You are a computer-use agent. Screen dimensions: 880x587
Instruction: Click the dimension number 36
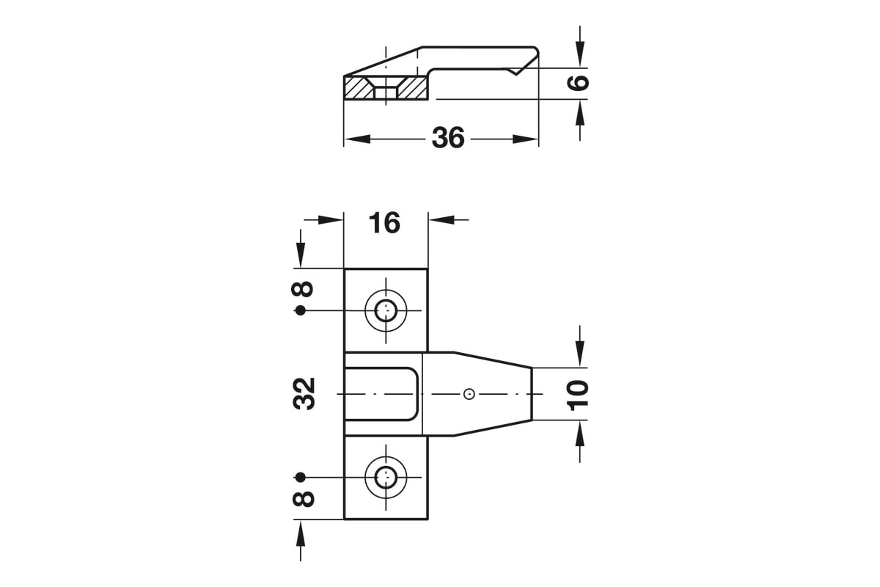[x=448, y=138]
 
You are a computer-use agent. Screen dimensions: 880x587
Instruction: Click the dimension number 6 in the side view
[x=579, y=82]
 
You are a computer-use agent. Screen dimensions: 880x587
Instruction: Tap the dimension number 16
[x=384, y=222]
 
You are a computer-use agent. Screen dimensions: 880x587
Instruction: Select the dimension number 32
[x=304, y=393]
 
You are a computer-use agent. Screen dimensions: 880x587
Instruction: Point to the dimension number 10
[x=579, y=395]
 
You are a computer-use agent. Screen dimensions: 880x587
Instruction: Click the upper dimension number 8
[x=302, y=289]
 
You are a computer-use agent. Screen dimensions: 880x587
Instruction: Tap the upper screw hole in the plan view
[x=386, y=310]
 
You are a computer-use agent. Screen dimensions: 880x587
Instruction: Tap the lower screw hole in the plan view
[x=386, y=478]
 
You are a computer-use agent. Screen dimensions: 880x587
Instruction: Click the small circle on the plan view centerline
[x=469, y=394]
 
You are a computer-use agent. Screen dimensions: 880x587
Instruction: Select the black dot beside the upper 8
[x=301, y=310]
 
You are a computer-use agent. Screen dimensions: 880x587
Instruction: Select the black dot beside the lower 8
[x=301, y=478]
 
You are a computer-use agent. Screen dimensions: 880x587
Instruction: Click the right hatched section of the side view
[x=414, y=87]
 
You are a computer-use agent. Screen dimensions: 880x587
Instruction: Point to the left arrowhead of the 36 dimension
[x=357, y=139]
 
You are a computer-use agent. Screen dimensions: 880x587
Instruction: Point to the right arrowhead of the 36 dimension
[x=525, y=139]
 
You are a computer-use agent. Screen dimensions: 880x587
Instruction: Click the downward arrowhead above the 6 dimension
[x=580, y=54]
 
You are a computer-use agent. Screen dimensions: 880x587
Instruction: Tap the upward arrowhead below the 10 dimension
[x=580, y=433]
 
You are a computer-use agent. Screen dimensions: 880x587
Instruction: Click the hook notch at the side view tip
[x=516, y=71]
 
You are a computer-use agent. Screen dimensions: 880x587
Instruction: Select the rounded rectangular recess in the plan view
[x=381, y=394]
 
